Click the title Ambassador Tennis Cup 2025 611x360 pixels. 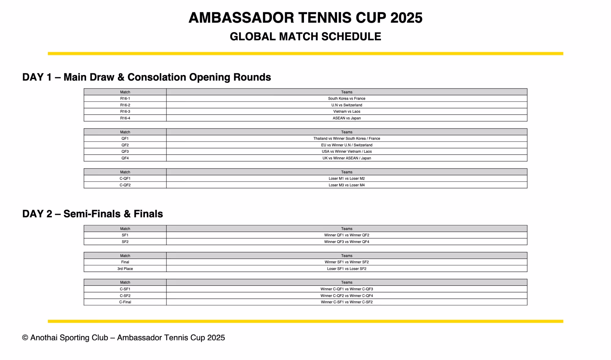[x=305, y=18]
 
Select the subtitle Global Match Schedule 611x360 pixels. [x=305, y=37]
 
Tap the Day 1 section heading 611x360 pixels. [x=146, y=77]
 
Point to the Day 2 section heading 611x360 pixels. [x=93, y=214]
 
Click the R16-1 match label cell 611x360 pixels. [x=125, y=99]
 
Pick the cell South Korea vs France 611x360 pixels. [x=346, y=99]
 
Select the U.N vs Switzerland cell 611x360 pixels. [x=346, y=105]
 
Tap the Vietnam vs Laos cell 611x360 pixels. [x=346, y=111]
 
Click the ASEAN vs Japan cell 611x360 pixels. [x=346, y=118]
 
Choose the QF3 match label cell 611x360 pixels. [x=125, y=151]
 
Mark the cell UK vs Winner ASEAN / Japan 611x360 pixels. [x=346, y=158]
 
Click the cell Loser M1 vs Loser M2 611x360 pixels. [x=346, y=179]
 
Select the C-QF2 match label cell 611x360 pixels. [x=125, y=185]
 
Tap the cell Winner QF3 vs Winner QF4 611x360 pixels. [x=346, y=242]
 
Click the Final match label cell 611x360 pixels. [x=125, y=262]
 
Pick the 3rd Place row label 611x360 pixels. [x=125, y=269]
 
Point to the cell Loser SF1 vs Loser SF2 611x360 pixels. [x=346, y=269]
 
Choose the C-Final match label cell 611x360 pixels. [x=125, y=302]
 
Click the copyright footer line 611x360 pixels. [x=123, y=338]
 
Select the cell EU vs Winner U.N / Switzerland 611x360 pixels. [x=346, y=145]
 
